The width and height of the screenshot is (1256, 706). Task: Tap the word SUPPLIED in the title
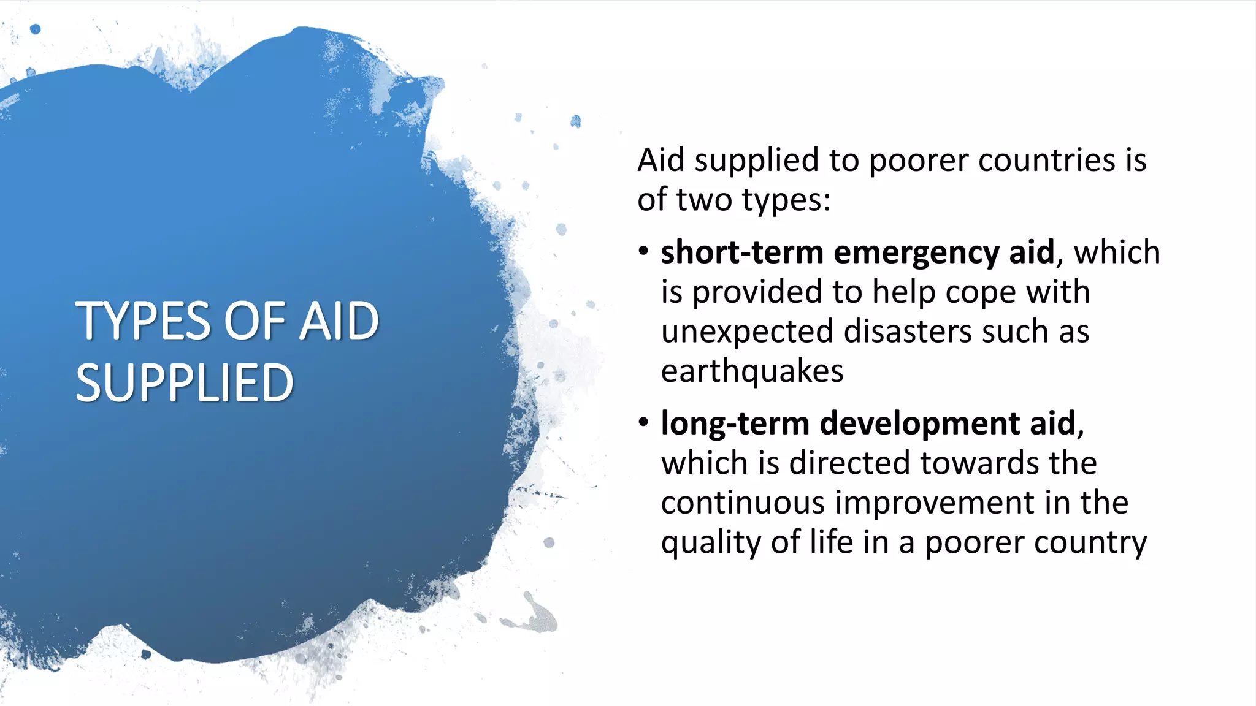point(185,383)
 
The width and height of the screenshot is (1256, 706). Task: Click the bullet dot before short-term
point(643,252)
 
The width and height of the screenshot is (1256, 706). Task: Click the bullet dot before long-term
point(643,423)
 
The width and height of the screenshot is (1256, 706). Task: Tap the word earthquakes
point(752,371)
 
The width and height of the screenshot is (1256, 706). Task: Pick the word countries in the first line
point(1046,161)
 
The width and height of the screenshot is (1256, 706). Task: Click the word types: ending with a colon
point(786,200)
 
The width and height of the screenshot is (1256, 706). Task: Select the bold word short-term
point(741,252)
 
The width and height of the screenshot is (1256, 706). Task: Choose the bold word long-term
point(735,424)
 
